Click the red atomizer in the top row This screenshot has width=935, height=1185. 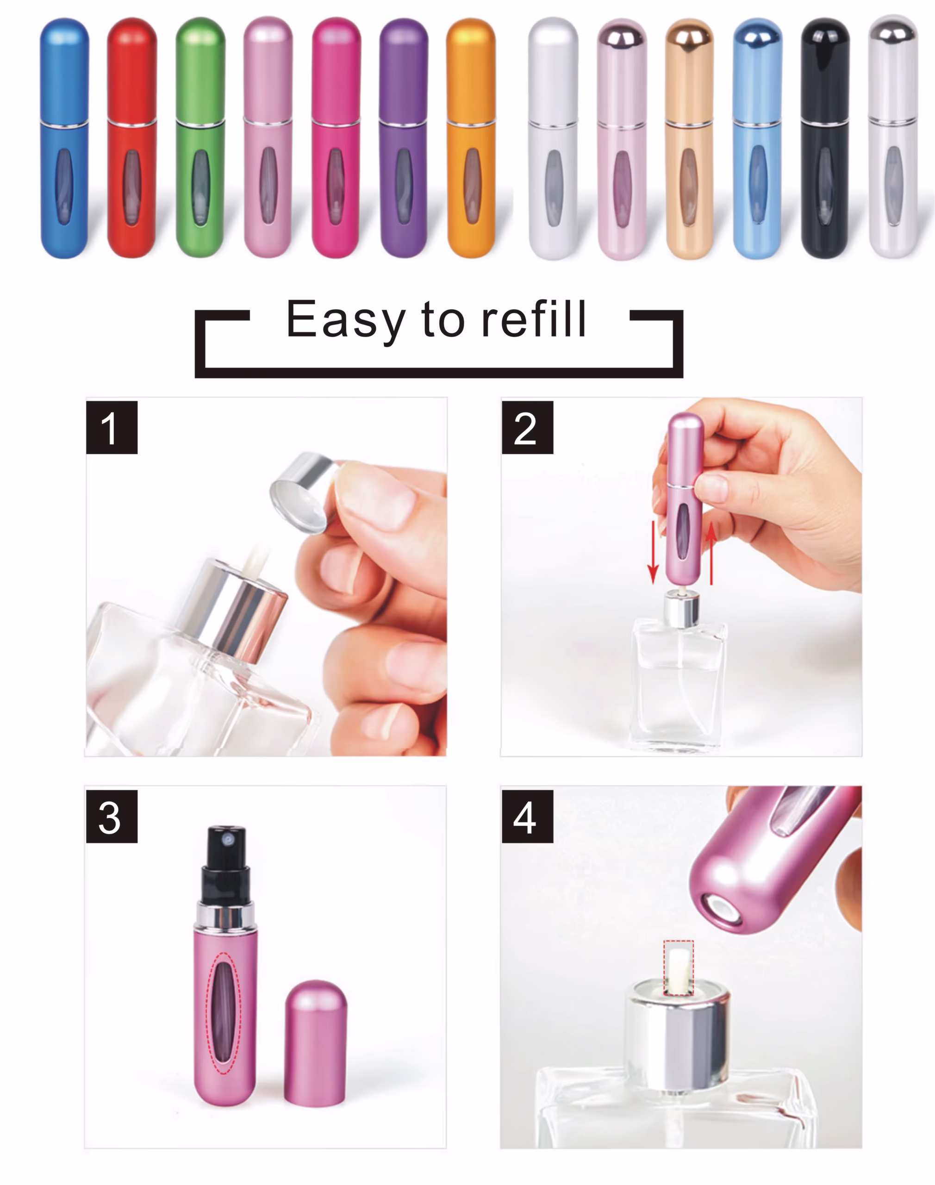(131, 137)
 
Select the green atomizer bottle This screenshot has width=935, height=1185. (200, 137)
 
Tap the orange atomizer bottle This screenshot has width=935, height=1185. (471, 137)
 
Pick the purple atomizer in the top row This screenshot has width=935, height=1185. (404, 137)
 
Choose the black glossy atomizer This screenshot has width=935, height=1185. (824, 137)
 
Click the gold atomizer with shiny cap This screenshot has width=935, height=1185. (689, 137)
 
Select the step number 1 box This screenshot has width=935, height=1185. (112, 427)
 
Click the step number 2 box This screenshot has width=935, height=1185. (527, 427)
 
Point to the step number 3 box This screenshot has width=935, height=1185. (112, 816)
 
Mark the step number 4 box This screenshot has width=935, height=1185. (527, 816)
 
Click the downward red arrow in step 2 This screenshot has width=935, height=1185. (653, 553)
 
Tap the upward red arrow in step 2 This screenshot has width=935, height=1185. (711, 553)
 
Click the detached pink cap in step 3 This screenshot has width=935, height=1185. (315, 1043)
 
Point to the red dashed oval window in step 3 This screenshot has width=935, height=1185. (223, 1013)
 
